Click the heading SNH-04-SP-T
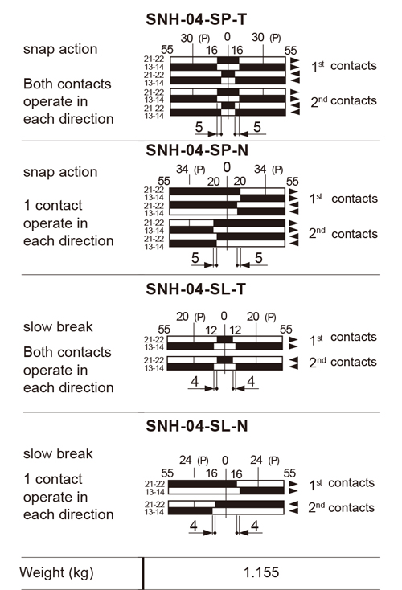tap(196, 19)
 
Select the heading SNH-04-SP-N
tap(197, 150)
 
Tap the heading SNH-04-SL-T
tap(195, 289)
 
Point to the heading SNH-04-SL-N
tap(196, 426)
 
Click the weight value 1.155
tap(261, 572)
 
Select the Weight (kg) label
tap(56, 572)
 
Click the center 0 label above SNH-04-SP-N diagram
tap(227, 167)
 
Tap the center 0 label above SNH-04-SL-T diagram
tap(224, 316)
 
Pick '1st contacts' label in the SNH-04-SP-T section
tap(343, 66)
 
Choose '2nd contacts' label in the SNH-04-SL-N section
tap(342, 507)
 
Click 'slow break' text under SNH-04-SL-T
tap(58, 326)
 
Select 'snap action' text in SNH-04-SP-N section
tap(60, 172)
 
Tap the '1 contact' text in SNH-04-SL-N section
tap(53, 479)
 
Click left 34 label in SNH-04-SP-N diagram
tap(183, 170)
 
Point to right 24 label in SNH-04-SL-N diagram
tap(256, 460)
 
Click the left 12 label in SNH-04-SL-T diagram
tap(211, 330)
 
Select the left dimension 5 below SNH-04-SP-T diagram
tap(199, 127)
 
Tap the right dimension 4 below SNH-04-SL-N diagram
tap(255, 525)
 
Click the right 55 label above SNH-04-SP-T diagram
tap(290, 51)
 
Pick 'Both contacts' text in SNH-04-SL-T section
tap(68, 352)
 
